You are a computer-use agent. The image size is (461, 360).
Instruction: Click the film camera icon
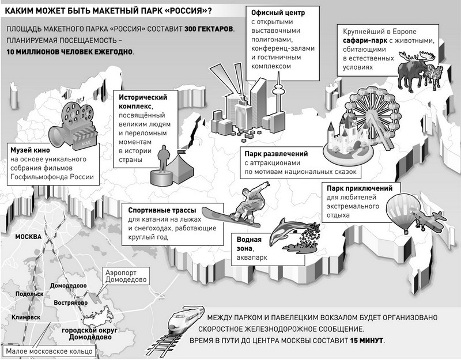(x=72, y=126)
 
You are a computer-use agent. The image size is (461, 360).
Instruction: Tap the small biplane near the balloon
(x=429, y=221)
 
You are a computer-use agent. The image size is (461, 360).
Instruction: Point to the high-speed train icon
(x=185, y=320)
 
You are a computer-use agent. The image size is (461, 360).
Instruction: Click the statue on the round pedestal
(x=162, y=165)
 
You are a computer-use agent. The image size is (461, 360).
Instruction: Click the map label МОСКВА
(x=28, y=237)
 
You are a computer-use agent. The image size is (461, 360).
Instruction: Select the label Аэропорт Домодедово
(x=126, y=276)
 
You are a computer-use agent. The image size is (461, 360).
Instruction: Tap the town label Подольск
(x=29, y=294)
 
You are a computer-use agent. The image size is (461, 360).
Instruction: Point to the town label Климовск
(x=26, y=317)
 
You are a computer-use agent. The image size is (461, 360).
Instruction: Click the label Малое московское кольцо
(x=49, y=351)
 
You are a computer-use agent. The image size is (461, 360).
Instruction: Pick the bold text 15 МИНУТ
(x=366, y=340)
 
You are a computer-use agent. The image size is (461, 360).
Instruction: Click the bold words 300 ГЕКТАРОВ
(x=209, y=29)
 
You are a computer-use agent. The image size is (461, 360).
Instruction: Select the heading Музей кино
(x=30, y=150)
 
